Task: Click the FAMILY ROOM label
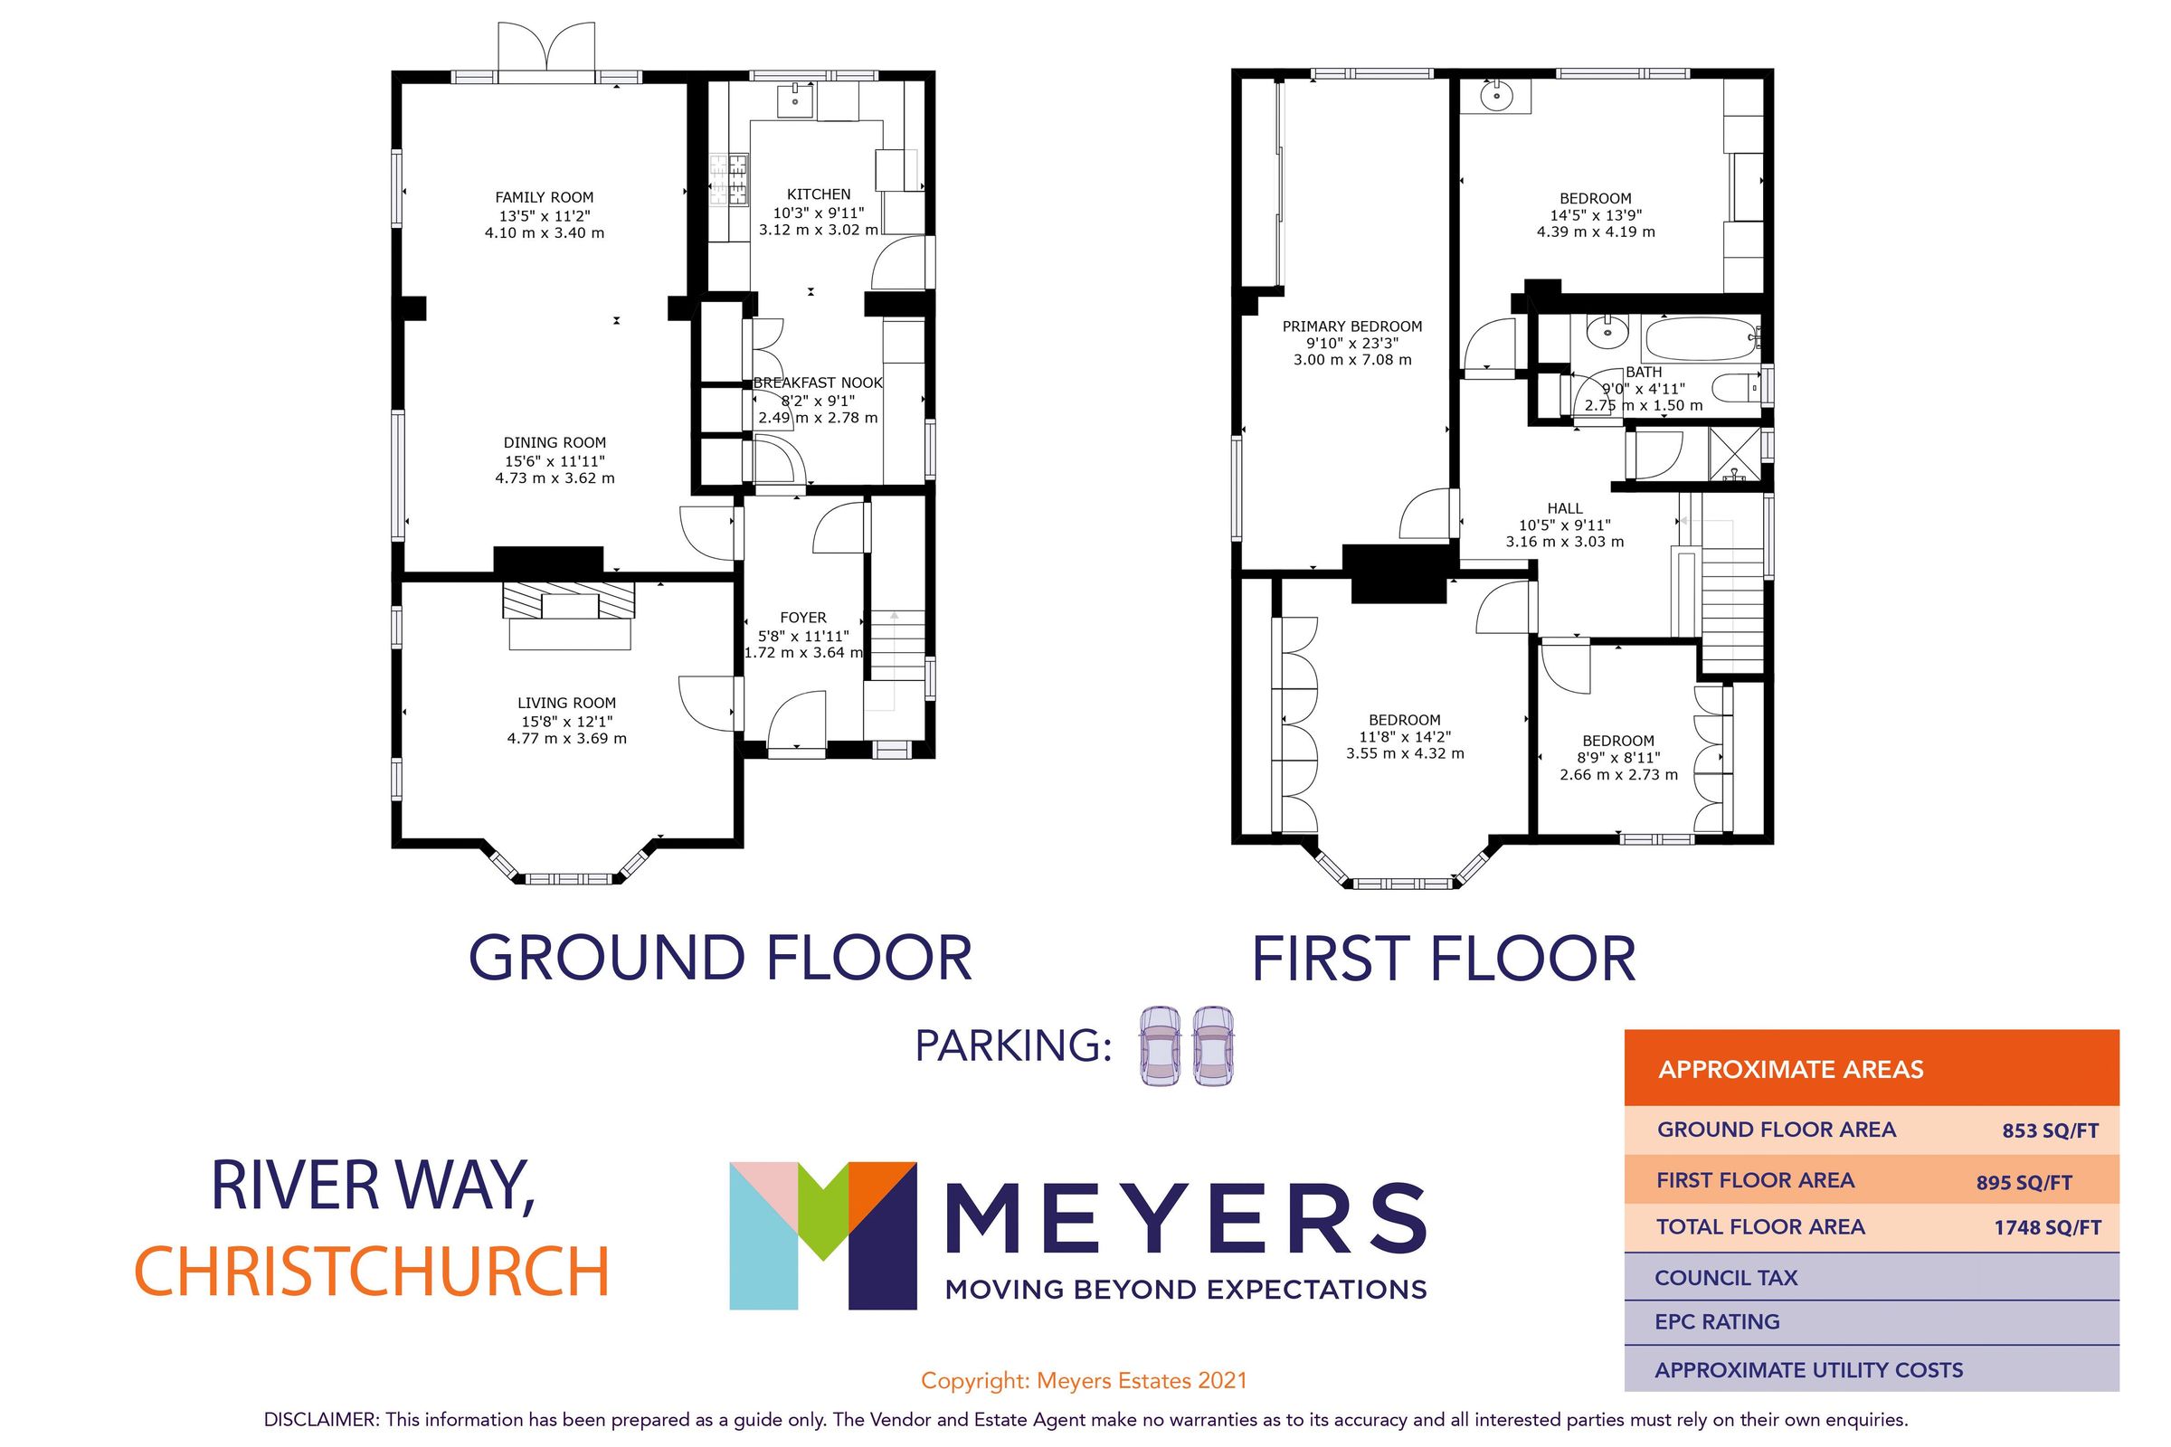tap(544, 197)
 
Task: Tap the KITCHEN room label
tap(818, 194)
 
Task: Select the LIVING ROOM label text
tap(566, 704)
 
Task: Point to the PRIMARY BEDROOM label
tap(1351, 326)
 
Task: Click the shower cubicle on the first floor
tap(1734, 455)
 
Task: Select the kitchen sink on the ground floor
tap(795, 99)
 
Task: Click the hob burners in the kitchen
tap(728, 179)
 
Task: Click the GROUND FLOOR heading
tap(721, 958)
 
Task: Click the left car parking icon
tap(1160, 1045)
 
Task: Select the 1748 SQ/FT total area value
tap(2046, 1228)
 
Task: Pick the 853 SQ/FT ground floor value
tap(2050, 1131)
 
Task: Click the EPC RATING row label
tap(1717, 1321)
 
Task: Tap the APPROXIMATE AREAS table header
tap(1790, 1070)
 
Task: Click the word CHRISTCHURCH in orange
tap(372, 1272)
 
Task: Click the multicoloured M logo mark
tap(821, 1234)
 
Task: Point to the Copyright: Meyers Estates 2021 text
tap(1084, 1381)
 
